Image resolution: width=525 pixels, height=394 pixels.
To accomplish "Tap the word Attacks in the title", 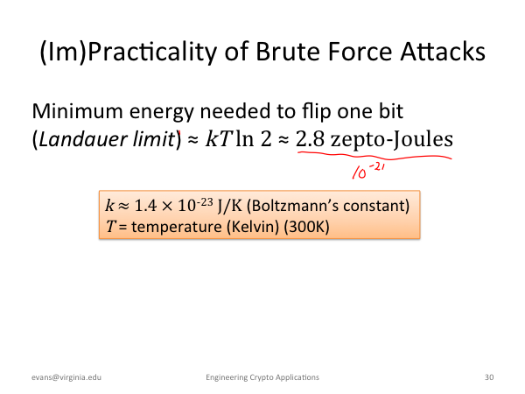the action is (443, 52).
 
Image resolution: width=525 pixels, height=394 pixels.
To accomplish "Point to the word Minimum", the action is (77, 111).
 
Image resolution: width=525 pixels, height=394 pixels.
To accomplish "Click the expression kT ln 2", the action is (238, 138).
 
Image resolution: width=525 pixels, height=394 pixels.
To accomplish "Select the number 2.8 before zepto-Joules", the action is (310, 139).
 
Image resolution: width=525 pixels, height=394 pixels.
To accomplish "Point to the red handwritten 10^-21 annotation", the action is (368, 172).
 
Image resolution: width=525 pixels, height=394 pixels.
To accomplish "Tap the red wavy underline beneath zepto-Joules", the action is (374, 156).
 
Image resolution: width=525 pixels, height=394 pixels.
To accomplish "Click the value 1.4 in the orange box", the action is (145, 206).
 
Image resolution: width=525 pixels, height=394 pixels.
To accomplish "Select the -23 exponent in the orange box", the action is (205, 202).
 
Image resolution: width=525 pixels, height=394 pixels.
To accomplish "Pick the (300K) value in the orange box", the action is (306, 227).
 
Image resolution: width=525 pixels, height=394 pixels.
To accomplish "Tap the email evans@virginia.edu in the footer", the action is (66, 377).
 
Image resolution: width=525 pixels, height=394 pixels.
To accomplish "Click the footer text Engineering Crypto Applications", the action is (262, 377).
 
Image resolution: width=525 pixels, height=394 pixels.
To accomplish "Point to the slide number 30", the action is (489, 377).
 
